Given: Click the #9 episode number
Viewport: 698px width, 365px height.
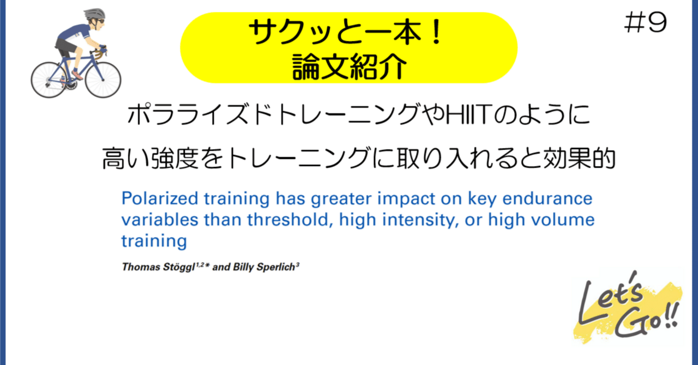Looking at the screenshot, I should click(x=645, y=23).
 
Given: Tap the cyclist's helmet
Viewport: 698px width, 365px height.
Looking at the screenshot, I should click(x=93, y=14).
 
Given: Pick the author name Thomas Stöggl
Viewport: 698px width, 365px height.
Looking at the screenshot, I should click(x=162, y=267).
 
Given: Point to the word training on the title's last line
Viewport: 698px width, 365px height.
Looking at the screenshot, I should click(x=154, y=241).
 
